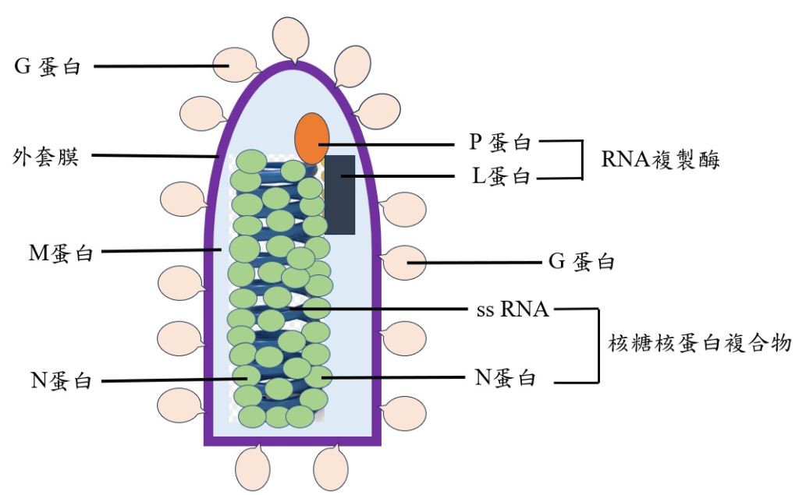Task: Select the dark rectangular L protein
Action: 340,195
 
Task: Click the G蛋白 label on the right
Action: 581,263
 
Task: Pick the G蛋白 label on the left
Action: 48,67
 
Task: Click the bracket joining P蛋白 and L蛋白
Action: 581,160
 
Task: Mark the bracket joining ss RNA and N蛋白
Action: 598,345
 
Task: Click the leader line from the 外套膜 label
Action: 156,155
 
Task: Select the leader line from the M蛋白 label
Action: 164,251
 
